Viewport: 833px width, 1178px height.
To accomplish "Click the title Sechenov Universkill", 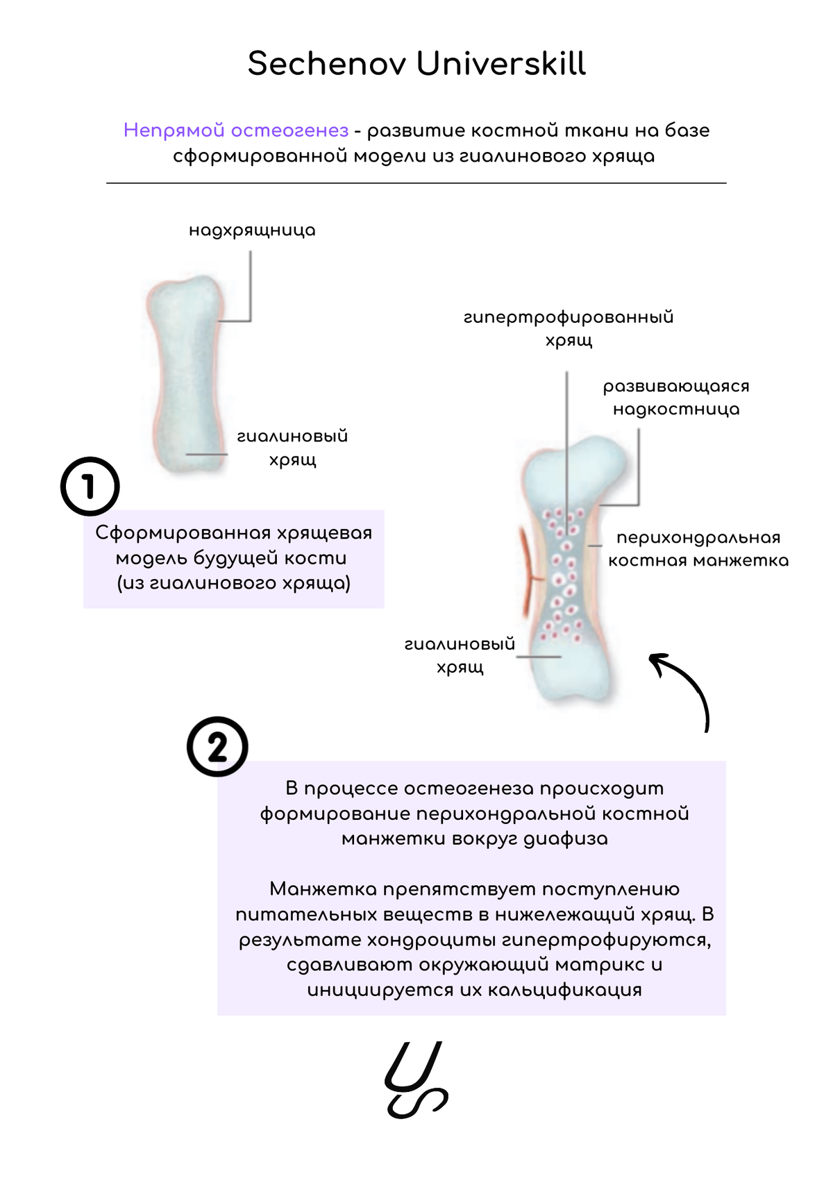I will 416,64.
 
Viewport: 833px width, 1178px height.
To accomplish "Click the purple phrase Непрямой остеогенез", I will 236,131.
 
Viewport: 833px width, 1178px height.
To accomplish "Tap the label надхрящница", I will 252,230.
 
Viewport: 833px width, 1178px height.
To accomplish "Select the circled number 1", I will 90,486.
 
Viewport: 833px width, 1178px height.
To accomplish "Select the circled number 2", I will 217,747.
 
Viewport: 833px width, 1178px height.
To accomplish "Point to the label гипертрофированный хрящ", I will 569,328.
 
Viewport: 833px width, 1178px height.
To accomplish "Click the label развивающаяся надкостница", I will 676,398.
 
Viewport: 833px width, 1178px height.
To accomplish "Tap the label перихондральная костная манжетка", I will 698,549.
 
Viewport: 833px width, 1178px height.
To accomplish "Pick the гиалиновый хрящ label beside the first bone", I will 292,448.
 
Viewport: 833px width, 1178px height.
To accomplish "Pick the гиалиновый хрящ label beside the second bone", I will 460,655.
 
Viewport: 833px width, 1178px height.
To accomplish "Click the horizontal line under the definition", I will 416,183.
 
